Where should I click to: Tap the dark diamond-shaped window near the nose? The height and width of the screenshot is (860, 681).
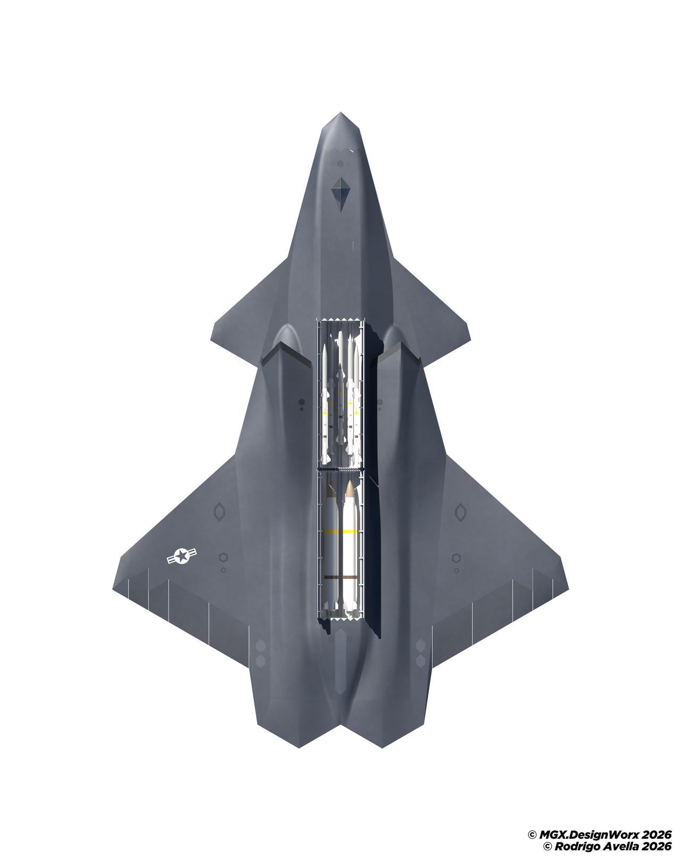coord(340,195)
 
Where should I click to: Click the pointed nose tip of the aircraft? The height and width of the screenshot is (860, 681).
coord(340,113)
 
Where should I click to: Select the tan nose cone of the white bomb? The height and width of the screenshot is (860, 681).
coord(350,488)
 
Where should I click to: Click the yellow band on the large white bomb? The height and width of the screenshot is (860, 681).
coord(350,532)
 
